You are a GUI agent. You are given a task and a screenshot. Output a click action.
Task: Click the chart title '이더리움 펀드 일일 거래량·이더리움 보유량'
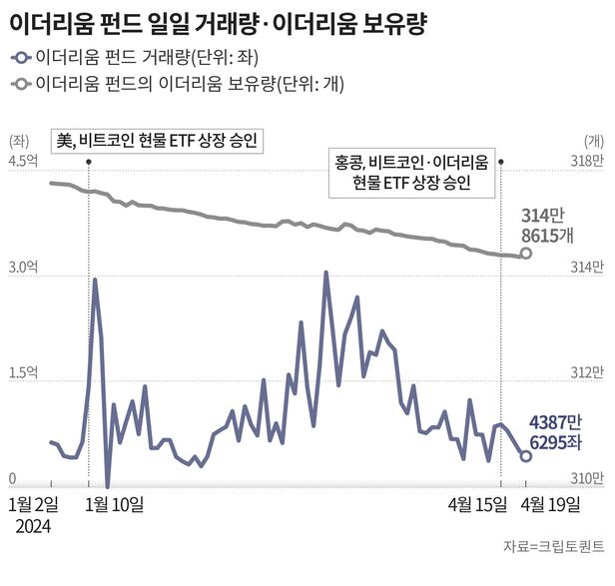pyautogui.click(x=219, y=24)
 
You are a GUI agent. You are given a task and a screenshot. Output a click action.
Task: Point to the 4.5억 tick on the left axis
pyautogui.click(x=23, y=160)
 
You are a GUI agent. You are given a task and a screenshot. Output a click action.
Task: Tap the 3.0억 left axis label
pyautogui.click(x=23, y=267)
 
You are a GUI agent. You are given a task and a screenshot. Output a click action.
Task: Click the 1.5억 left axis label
pyautogui.click(x=23, y=373)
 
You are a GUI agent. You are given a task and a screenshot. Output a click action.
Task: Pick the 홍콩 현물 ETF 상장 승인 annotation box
pyautogui.click(x=410, y=173)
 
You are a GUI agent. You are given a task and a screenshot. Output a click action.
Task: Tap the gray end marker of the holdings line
pyautogui.click(x=526, y=254)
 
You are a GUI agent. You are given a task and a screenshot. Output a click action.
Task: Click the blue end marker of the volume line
pyautogui.click(x=526, y=456)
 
